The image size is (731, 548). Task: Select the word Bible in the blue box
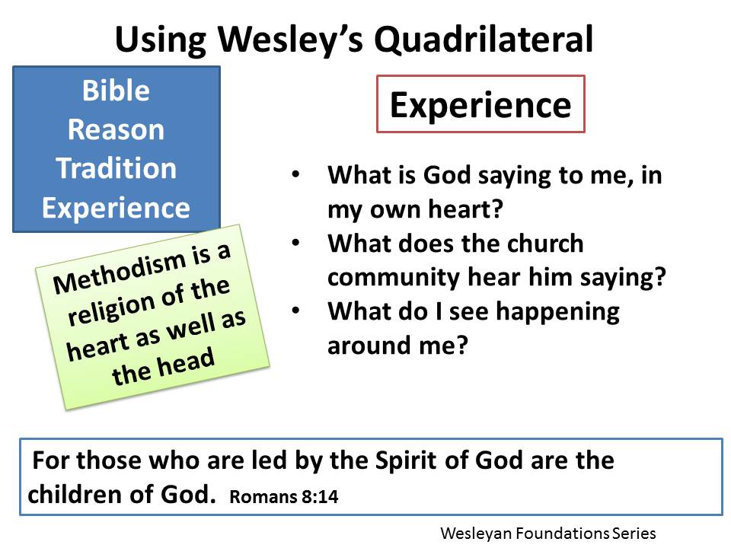coord(116,91)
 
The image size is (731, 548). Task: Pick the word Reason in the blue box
coord(116,129)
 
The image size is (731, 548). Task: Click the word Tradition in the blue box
coord(116,168)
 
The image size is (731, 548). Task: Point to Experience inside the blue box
coord(116,208)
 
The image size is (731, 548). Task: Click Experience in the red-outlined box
coord(480,105)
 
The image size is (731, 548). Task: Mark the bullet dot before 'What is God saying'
coord(295,176)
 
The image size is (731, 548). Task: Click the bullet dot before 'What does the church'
coord(295,244)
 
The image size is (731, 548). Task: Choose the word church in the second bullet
coord(545,244)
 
